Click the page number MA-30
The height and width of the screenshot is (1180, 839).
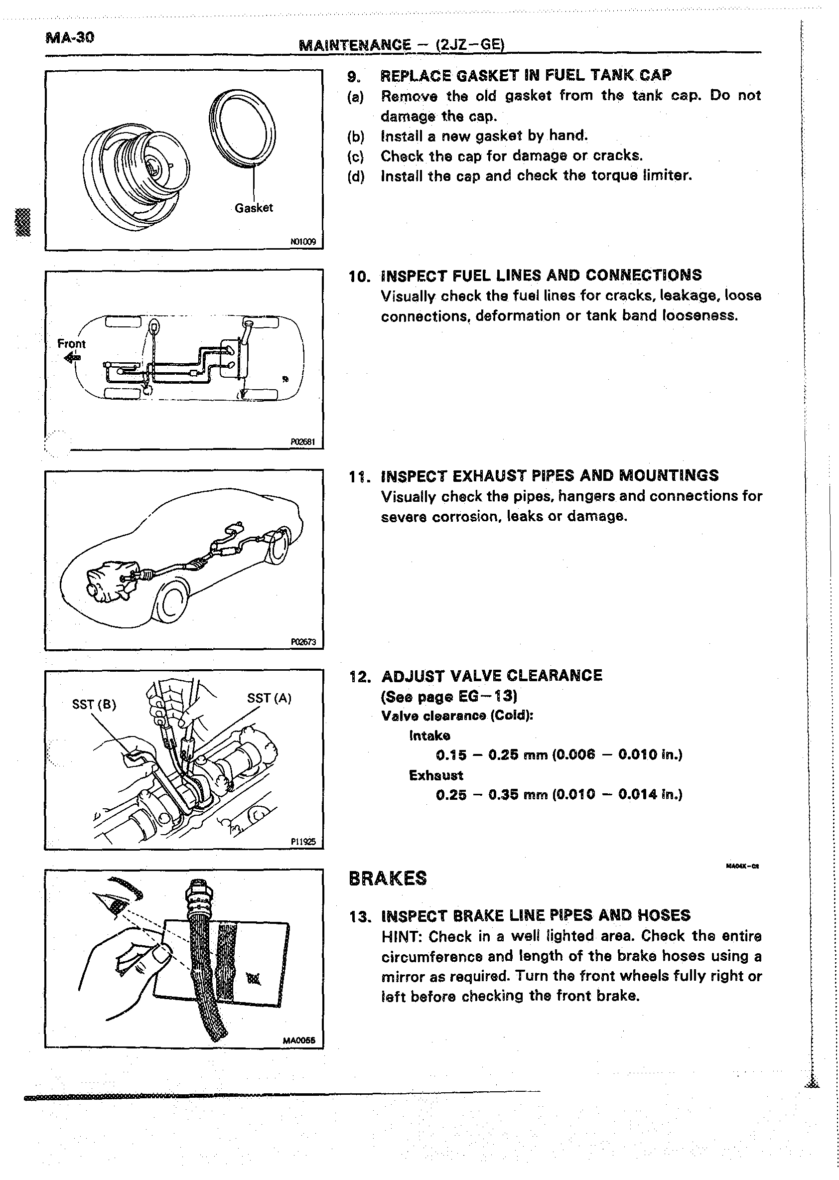(70, 38)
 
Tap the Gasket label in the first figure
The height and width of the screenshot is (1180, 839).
(253, 208)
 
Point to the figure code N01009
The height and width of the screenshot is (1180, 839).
(303, 241)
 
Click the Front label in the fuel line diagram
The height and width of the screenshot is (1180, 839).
(71, 343)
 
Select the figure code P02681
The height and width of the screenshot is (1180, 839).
(303, 442)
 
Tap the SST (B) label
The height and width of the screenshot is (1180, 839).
(94, 705)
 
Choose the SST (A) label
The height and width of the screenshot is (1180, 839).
(269, 698)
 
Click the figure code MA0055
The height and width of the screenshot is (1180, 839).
(298, 1040)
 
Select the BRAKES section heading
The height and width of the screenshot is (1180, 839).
(388, 879)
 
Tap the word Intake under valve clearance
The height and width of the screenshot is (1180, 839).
(429, 735)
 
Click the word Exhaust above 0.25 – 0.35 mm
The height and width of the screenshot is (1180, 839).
(435, 775)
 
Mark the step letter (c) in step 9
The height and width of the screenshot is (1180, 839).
(355, 156)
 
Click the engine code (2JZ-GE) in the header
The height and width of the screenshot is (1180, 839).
(470, 44)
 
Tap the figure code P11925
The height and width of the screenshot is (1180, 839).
(303, 842)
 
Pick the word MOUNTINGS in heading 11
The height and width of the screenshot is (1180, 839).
(669, 475)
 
